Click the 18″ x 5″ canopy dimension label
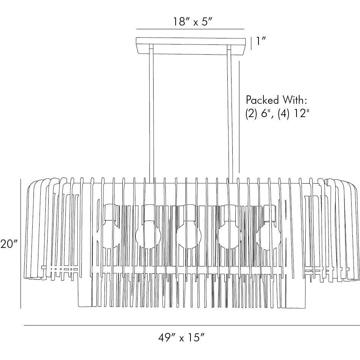tap(190, 22)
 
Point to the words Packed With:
tap(276, 100)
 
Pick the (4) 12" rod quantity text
tap(292, 114)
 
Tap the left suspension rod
tap(151, 114)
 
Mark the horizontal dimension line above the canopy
tap(190, 29)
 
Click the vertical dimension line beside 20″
tap(21, 243)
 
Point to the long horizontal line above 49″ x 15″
tap(190, 325)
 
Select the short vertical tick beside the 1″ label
tap(251, 43)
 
